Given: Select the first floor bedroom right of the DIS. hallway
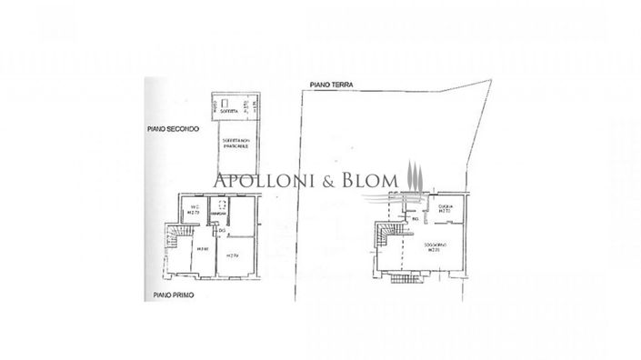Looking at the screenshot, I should tap(234, 255).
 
